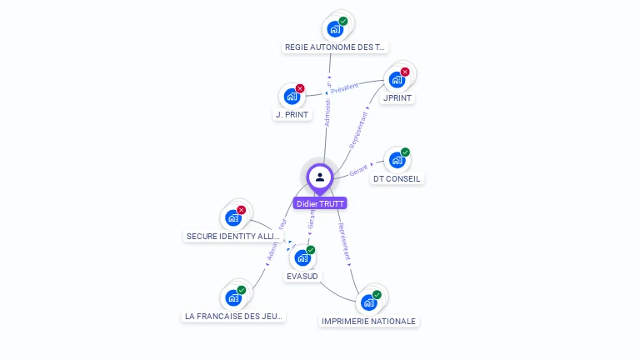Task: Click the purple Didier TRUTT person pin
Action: pos(320,177)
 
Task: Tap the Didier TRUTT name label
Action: pos(319,203)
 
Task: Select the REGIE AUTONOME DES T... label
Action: pos(336,47)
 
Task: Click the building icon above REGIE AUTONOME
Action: pos(335,29)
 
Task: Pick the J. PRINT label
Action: pos(292,115)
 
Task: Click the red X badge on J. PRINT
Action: pos(300,88)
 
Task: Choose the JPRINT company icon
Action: pos(397,80)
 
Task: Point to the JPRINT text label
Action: pos(397,98)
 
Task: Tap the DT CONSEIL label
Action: pos(397,178)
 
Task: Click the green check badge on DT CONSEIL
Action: pos(405,152)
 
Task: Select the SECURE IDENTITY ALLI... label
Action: pos(232,237)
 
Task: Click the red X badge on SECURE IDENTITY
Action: pos(241,210)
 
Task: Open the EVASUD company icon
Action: pos(302,257)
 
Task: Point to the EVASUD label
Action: pos(302,276)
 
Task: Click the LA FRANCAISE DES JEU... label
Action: pos(233,317)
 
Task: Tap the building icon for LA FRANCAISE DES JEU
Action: pos(233,297)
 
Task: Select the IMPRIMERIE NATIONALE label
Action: pos(368,321)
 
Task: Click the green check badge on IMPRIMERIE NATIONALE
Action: pos(377,295)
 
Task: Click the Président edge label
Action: pos(344,87)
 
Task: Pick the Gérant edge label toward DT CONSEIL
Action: pos(358,170)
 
